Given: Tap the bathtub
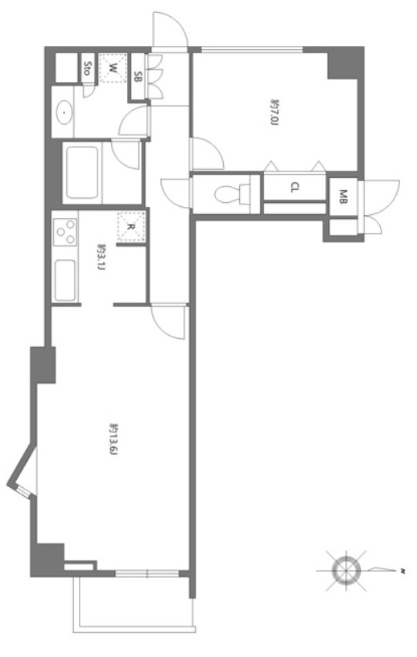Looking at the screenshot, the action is (82, 172).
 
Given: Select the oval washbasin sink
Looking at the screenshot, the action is (64, 112).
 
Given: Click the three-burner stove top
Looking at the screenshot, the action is (65, 232).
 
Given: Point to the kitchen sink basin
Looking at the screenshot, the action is (65, 280).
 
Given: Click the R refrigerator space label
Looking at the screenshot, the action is (130, 227).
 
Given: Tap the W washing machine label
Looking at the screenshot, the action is (113, 68).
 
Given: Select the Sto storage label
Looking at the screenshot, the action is (87, 68).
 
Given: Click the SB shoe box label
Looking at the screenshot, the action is (137, 76).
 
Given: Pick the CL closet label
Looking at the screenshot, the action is (295, 188).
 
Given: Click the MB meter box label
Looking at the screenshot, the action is (343, 197).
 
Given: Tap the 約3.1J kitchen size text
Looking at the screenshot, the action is (101, 256).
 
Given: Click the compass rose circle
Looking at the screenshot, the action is (346, 570).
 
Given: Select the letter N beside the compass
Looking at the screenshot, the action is (403, 571).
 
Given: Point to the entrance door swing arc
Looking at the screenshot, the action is (169, 28).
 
